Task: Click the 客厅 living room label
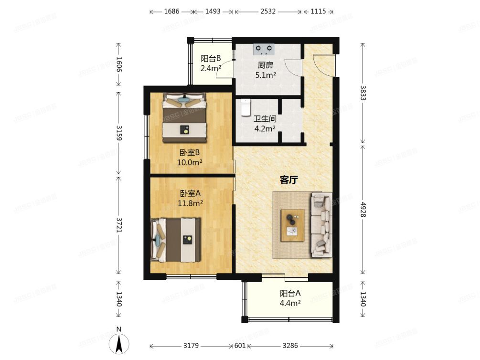[289, 180]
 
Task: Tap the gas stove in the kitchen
[265, 49]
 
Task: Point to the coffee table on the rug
[292, 225]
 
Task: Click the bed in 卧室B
[184, 117]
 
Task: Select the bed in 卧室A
[175, 240]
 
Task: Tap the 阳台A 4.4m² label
[290, 298]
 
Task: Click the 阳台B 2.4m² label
[211, 64]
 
